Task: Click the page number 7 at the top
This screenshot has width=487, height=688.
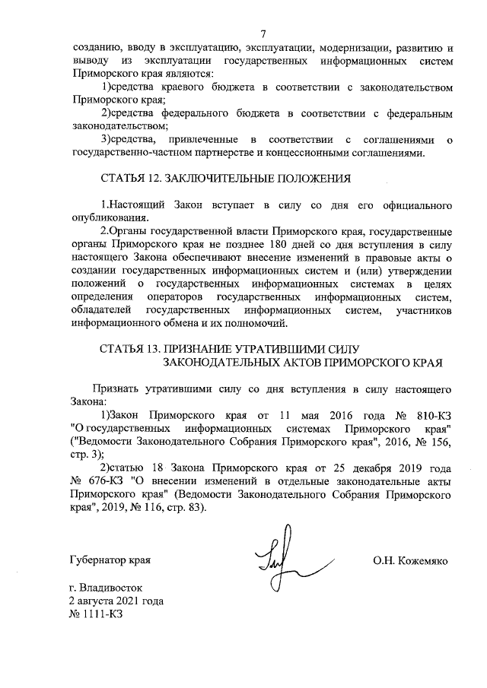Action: click(263, 33)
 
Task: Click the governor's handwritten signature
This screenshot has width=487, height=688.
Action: click(283, 561)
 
